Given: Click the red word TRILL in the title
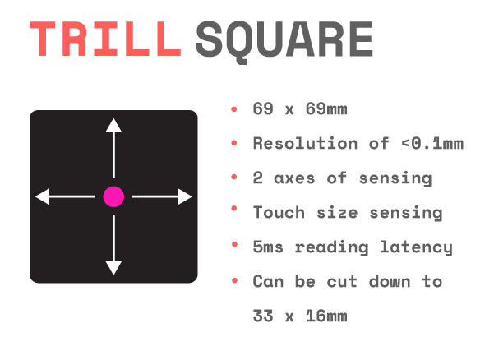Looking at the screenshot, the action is (105, 39).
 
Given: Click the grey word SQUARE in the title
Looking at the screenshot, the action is (284, 41).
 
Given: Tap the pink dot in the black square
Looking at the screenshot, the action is (113, 196).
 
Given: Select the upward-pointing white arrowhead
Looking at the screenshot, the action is (113, 126).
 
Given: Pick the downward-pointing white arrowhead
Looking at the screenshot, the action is (113, 268).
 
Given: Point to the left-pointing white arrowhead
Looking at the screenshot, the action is (43, 196).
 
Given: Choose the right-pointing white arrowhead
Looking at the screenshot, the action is (185, 196).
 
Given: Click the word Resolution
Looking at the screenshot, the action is (305, 143).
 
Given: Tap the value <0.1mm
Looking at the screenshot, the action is (432, 143).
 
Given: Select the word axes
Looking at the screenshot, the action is (294, 178).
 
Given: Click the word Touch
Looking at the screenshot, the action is (279, 212).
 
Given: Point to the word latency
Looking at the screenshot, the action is (416, 247).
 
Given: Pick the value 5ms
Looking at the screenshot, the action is (268, 247).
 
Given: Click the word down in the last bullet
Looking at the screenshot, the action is (390, 281).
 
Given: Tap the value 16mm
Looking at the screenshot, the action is (326, 316).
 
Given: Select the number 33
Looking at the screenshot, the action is (263, 316).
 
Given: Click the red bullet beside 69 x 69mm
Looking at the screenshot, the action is (233, 109).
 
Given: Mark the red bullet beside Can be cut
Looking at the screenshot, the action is (234, 280).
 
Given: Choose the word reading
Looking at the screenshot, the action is (331, 247).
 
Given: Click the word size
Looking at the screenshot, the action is (337, 212).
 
